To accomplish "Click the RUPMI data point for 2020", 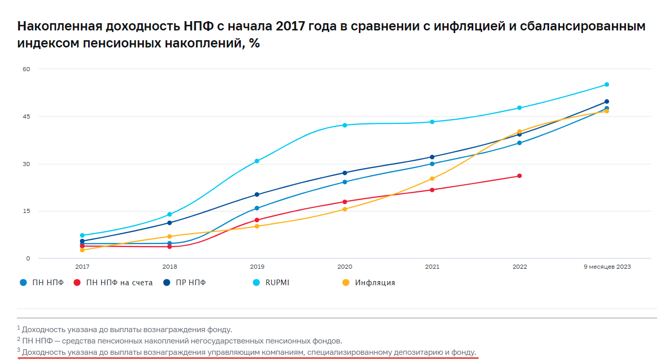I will pos(345,125).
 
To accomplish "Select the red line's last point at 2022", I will pos(519,176).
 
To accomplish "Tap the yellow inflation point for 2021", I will pos(432,179).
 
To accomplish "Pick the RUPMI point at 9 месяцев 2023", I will pos(607,85).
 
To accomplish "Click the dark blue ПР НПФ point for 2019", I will pos(257,194).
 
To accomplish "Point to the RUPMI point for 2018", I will pos(170,215).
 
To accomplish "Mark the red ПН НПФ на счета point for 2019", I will pos(257,220).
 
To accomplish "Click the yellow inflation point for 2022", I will pos(519,132).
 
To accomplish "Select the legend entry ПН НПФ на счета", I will pos(119,283).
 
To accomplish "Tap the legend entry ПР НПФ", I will pos(191,283).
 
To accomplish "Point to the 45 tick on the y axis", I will pos(26,117).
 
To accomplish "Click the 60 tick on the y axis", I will pos(26,69).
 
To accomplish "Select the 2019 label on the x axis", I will pos(257,267).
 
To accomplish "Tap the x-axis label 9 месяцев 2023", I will pos(607,267).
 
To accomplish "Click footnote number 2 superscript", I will pos(19,339).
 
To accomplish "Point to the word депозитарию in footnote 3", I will pos(420,353).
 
